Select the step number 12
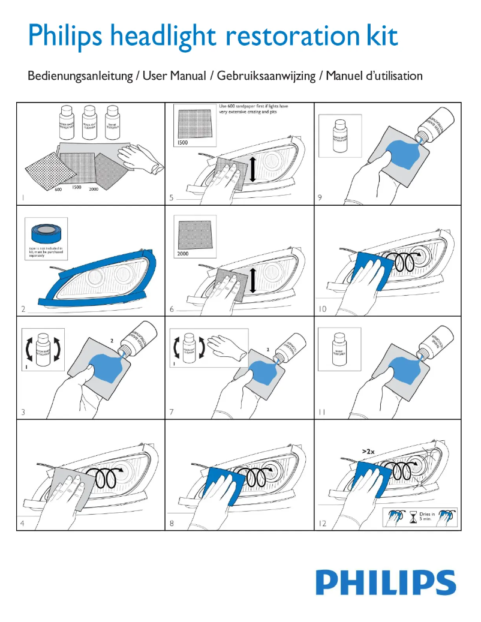point(323,524)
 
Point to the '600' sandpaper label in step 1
point(59,190)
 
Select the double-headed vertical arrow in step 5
point(252,169)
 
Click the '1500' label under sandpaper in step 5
point(183,143)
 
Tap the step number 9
point(320,197)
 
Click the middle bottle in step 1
point(89,122)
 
